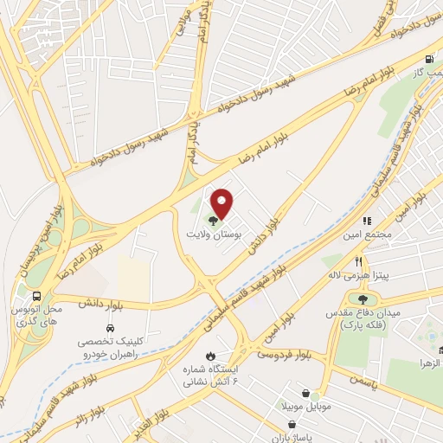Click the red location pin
tap(222, 203)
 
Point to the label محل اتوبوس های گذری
tap(40, 314)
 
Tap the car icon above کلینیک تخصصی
tap(111, 329)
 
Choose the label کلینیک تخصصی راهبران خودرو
tap(110, 349)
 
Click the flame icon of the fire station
tap(209, 356)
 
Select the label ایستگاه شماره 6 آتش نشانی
tap(208, 376)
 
